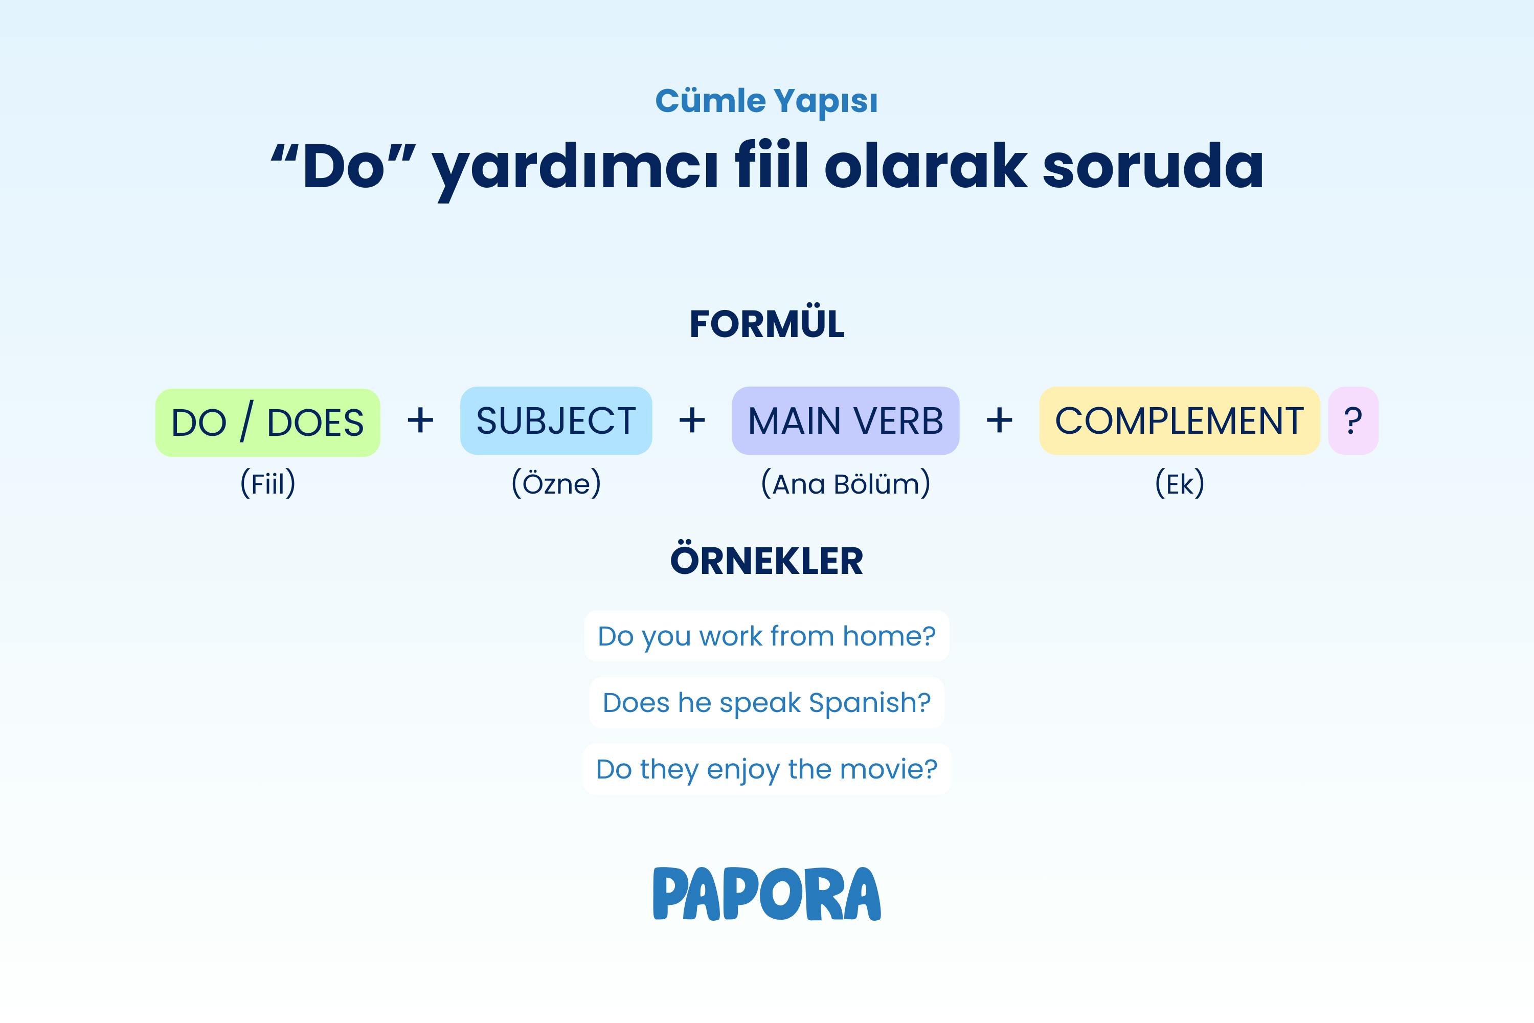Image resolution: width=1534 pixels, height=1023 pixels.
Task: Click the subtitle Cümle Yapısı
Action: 766,102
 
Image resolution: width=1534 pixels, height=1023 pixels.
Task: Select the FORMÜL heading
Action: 767,324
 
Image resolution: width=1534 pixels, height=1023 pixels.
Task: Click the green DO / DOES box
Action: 267,422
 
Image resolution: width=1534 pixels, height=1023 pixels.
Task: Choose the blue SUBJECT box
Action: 556,421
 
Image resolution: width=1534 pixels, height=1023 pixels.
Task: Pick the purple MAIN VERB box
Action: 845,421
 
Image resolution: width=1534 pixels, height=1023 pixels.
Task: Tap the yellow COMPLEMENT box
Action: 1179,421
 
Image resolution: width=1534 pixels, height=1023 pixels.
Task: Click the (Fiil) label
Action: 268,484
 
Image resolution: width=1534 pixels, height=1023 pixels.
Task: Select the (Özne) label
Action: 556,484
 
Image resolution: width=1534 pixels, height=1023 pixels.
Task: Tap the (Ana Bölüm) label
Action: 846,484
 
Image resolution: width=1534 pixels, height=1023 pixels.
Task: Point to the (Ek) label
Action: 1180,484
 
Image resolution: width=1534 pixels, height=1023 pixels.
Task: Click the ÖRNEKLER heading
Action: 767,561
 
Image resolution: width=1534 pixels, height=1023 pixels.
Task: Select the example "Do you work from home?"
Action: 767,636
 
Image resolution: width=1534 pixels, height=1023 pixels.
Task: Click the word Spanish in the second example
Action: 869,703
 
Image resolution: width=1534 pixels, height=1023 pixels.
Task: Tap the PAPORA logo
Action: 767,894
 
